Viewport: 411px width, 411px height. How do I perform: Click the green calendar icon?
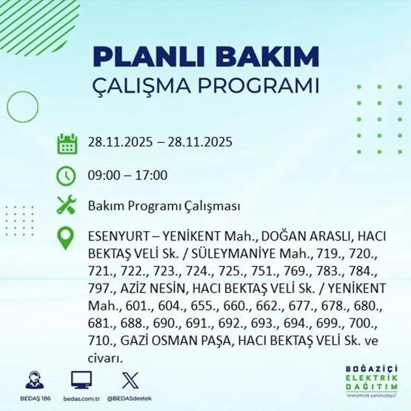pyautogui.click(x=67, y=144)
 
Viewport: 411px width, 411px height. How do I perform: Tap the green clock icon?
pyautogui.click(x=67, y=176)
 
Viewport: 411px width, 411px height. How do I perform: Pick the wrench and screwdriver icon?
pyautogui.click(x=67, y=205)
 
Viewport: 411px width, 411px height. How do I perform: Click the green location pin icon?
pyautogui.click(x=67, y=237)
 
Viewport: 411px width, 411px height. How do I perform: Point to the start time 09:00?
pyautogui.click(x=102, y=176)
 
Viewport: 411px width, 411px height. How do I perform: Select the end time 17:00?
pyautogui.click(x=151, y=176)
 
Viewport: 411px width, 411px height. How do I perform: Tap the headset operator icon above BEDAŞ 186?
pyautogui.click(x=34, y=379)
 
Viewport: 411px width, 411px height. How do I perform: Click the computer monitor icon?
pyautogui.click(x=81, y=379)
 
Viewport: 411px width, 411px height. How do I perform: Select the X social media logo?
pyautogui.click(x=129, y=379)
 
